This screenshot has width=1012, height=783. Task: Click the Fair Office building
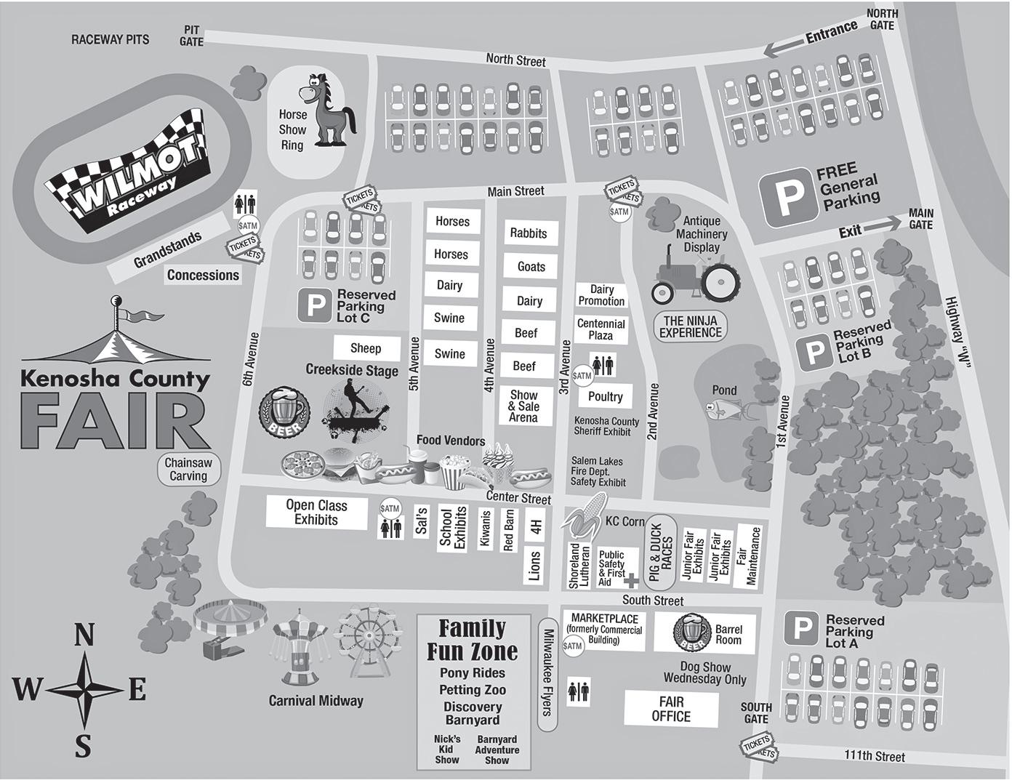tap(671, 709)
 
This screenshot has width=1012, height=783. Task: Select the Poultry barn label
tap(606, 396)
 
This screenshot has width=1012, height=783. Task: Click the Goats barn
tap(531, 267)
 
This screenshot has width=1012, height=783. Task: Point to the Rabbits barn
tap(528, 233)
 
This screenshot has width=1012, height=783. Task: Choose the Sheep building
tap(366, 348)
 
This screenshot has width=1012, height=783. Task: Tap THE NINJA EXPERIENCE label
tap(690, 326)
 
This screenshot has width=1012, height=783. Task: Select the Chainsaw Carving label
tap(188, 470)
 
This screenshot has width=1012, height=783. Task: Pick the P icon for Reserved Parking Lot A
tap(802, 629)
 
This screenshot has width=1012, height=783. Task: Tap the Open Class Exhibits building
tap(316, 513)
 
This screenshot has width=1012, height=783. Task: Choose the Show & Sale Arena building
tap(523, 406)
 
